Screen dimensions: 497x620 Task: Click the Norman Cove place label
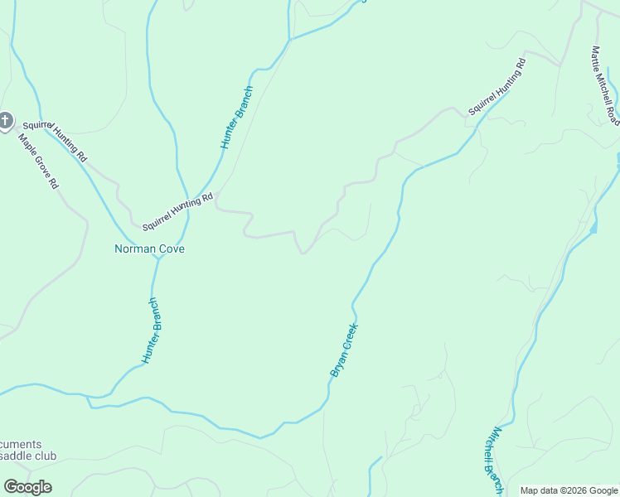149,248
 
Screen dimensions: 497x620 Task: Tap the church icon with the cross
6,122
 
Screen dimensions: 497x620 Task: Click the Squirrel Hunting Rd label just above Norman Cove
177,211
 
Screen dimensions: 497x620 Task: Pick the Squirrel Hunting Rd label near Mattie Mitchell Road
497,86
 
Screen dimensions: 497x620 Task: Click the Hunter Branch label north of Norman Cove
236,117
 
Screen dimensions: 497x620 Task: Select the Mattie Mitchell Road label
604,84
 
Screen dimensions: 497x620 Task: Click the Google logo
27,487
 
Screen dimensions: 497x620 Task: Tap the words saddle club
28,456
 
